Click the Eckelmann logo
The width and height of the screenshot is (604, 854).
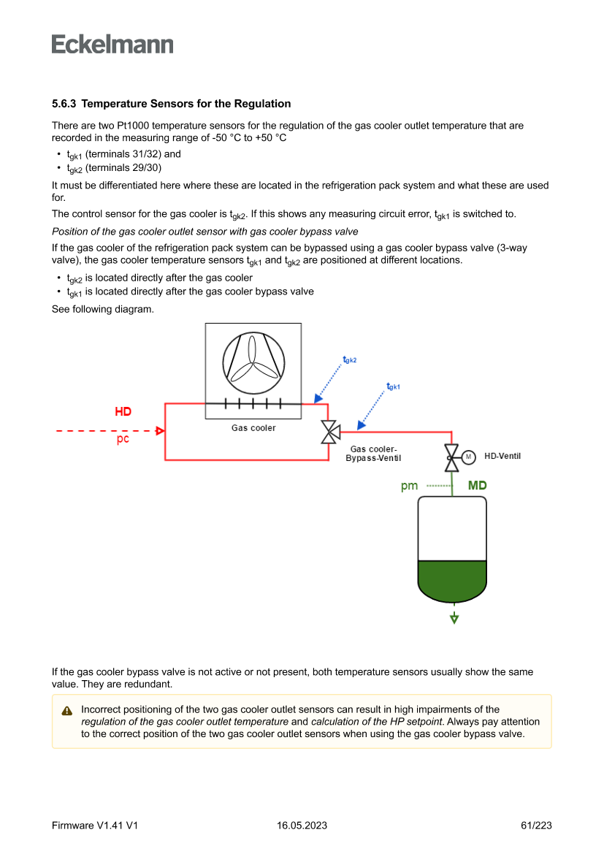click(x=112, y=45)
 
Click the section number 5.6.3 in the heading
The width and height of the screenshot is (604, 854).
click(x=66, y=104)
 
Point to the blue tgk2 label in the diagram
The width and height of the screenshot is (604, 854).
click(x=350, y=360)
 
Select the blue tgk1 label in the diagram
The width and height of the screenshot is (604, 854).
click(x=394, y=386)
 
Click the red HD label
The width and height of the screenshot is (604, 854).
click(x=123, y=412)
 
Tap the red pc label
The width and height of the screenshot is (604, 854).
click(x=123, y=440)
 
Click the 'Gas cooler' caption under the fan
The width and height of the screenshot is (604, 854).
click(x=253, y=428)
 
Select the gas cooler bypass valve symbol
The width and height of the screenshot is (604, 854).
click(x=330, y=432)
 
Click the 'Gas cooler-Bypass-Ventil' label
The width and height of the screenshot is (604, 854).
click(x=373, y=454)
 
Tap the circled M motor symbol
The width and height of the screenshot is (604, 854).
click(x=468, y=457)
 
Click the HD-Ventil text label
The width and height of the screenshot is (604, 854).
click(x=502, y=457)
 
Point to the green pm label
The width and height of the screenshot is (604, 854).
click(x=409, y=486)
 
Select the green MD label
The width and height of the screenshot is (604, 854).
click(x=477, y=486)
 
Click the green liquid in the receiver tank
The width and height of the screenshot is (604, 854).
click(x=452, y=577)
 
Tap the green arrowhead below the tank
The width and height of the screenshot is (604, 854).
click(x=454, y=619)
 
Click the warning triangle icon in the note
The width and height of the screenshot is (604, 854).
click(x=67, y=711)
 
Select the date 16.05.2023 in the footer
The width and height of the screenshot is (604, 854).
click(x=302, y=826)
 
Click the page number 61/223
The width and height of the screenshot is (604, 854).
click(x=536, y=826)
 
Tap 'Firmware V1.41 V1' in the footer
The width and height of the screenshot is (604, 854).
click(x=95, y=826)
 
